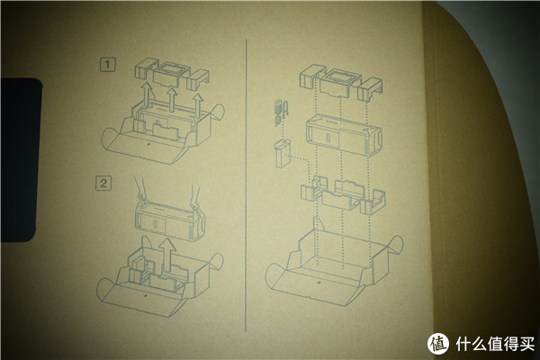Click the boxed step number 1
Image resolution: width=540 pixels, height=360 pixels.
pyautogui.click(x=108, y=65)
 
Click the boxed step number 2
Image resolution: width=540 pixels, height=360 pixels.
pyautogui.click(x=103, y=183)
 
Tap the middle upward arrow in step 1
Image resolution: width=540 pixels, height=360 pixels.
pyautogui.click(x=172, y=99)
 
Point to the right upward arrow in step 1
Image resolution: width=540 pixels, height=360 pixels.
pyautogui.click(x=198, y=103)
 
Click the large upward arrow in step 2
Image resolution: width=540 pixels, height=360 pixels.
pyautogui.click(x=168, y=254)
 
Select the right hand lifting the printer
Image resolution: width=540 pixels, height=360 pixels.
pyautogui.click(x=196, y=197)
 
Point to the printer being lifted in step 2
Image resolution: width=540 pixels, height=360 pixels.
pyautogui.click(x=170, y=220)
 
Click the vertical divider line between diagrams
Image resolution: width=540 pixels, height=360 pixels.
pyautogui.click(x=246, y=185)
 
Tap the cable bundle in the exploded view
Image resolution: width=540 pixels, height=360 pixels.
pyautogui.click(x=282, y=112)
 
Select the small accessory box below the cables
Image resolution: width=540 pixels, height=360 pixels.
pyautogui.click(x=283, y=154)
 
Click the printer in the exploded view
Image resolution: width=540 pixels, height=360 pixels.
pyautogui.click(x=344, y=135)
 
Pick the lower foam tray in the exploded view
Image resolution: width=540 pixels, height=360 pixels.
pyautogui.click(x=344, y=194)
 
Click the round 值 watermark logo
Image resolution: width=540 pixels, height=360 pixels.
pyautogui.click(x=438, y=344)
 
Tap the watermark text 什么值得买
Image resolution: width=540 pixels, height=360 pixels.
pyautogui.click(x=496, y=344)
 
